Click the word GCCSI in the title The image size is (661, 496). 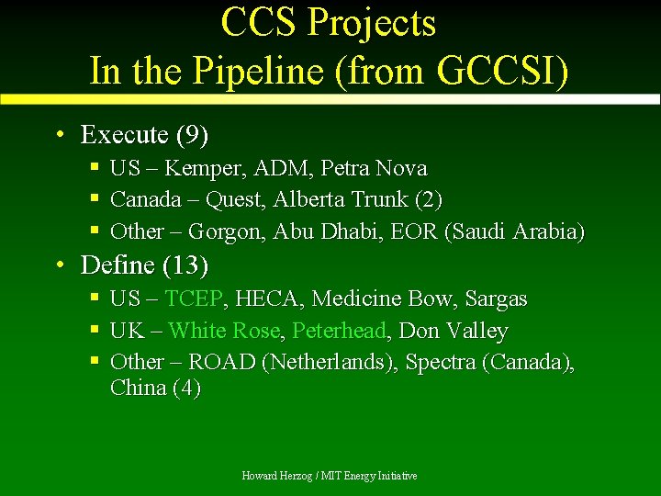pyautogui.click(x=497, y=70)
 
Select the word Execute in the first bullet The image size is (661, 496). pyautogui.click(x=124, y=136)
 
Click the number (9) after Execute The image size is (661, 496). pyautogui.click(x=192, y=136)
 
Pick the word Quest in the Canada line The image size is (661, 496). pyautogui.click(x=233, y=200)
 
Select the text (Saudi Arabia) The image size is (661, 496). pyautogui.click(x=514, y=231)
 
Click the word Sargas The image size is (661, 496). pyautogui.click(x=497, y=299)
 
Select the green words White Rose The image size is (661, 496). pyautogui.click(x=227, y=331)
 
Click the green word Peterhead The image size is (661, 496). pyautogui.click(x=339, y=331)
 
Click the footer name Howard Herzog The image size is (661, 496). pyautogui.click(x=275, y=476)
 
